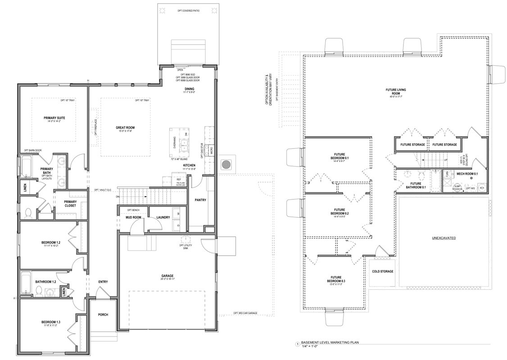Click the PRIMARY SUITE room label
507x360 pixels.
tap(53, 118)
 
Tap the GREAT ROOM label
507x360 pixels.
tap(125, 128)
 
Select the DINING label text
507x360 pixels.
tap(189, 89)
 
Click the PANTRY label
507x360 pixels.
tap(200, 200)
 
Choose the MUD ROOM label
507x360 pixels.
tap(133, 217)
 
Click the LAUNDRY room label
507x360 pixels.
tap(163, 217)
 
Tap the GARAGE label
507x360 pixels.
tap(167, 276)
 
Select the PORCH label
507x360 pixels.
tap(103, 315)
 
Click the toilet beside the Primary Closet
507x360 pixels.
tap(27, 211)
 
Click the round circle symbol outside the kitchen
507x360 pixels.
tap(226, 164)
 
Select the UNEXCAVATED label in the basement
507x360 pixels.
tap(444, 238)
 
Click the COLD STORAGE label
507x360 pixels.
tap(383, 271)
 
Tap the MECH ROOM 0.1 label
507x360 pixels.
tap(467, 173)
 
